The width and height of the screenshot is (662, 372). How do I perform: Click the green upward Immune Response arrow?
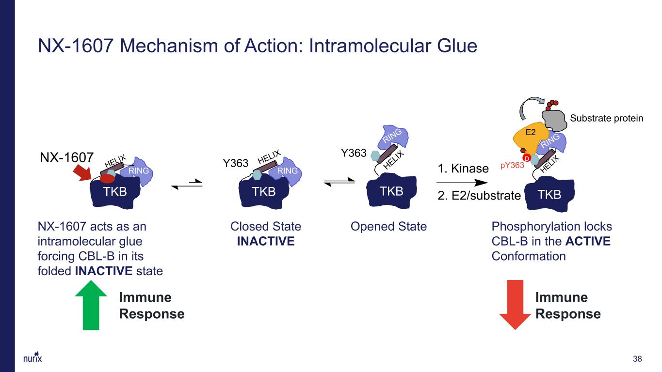coord(91,306)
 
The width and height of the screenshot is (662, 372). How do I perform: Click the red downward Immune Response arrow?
coord(515,305)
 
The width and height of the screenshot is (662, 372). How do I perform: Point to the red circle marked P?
coord(526,158)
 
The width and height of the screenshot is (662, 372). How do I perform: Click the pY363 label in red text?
coord(512,165)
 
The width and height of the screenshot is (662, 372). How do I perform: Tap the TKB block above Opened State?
coord(391,191)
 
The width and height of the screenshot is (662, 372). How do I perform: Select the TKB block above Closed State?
coord(264,192)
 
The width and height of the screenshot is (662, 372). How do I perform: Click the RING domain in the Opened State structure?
coord(393,137)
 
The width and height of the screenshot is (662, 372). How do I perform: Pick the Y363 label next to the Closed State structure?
coord(236,163)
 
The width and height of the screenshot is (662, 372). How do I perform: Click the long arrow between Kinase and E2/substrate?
coord(462,183)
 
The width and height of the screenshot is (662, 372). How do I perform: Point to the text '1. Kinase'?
coord(463,169)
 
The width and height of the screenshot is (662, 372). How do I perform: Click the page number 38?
coord(637,359)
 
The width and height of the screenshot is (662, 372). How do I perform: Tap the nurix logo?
coord(32,357)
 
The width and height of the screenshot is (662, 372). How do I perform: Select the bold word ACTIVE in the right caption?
coord(588,241)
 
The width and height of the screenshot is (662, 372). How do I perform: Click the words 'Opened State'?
coord(388,227)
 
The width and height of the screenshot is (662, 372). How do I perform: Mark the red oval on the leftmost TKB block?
coord(107,178)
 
